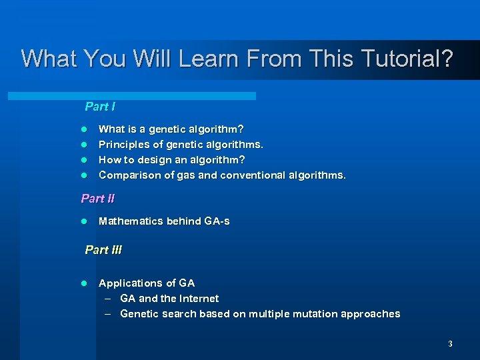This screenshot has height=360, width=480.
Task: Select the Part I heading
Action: (100, 107)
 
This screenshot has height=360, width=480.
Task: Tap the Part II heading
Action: (97, 198)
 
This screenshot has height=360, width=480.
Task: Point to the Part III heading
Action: (103, 250)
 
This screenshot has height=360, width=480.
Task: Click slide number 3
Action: (450, 344)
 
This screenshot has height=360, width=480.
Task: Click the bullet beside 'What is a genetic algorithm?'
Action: (84, 129)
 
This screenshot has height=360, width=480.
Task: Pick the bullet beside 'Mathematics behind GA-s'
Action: (84, 221)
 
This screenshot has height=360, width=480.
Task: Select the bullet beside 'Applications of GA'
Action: (84, 283)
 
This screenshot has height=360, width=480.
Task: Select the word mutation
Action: (315, 314)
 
